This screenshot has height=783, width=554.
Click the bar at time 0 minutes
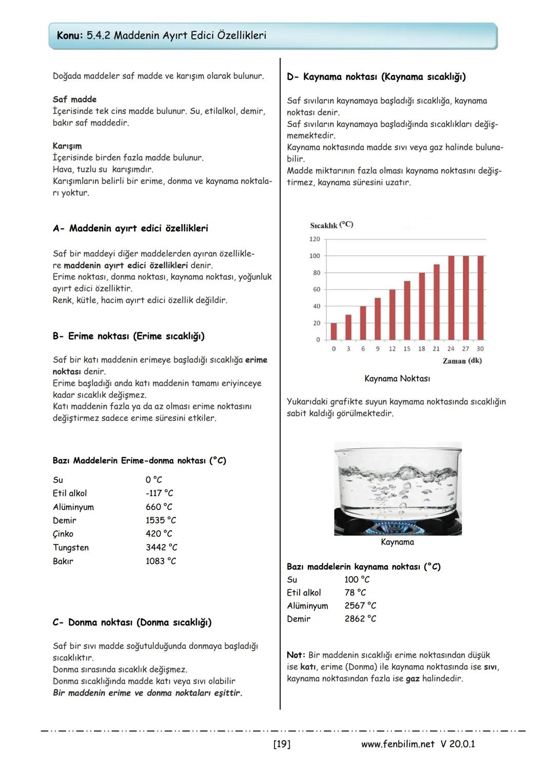[334, 331]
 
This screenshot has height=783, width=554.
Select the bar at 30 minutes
[480, 297]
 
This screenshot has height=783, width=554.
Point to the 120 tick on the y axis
[314, 239]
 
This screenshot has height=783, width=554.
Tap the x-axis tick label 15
[407, 349]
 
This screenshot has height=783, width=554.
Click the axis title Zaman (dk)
[462, 361]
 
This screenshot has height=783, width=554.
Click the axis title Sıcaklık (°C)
[331, 225]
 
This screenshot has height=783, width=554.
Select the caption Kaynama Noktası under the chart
[397, 379]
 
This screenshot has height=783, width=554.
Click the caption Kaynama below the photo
[397, 542]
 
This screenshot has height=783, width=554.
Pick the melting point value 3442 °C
[161, 548]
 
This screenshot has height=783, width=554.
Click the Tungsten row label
[71, 548]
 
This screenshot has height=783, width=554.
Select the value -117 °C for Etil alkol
[159, 493]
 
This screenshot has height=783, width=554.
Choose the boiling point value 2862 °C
[360, 619]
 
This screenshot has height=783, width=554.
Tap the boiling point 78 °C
[355, 593]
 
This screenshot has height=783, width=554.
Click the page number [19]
[282, 744]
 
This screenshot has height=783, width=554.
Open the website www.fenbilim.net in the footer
[398, 744]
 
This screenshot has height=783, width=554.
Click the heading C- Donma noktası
[132, 623]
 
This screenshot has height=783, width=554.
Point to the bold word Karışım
[67, 146]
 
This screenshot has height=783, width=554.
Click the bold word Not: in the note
[296, 655]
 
